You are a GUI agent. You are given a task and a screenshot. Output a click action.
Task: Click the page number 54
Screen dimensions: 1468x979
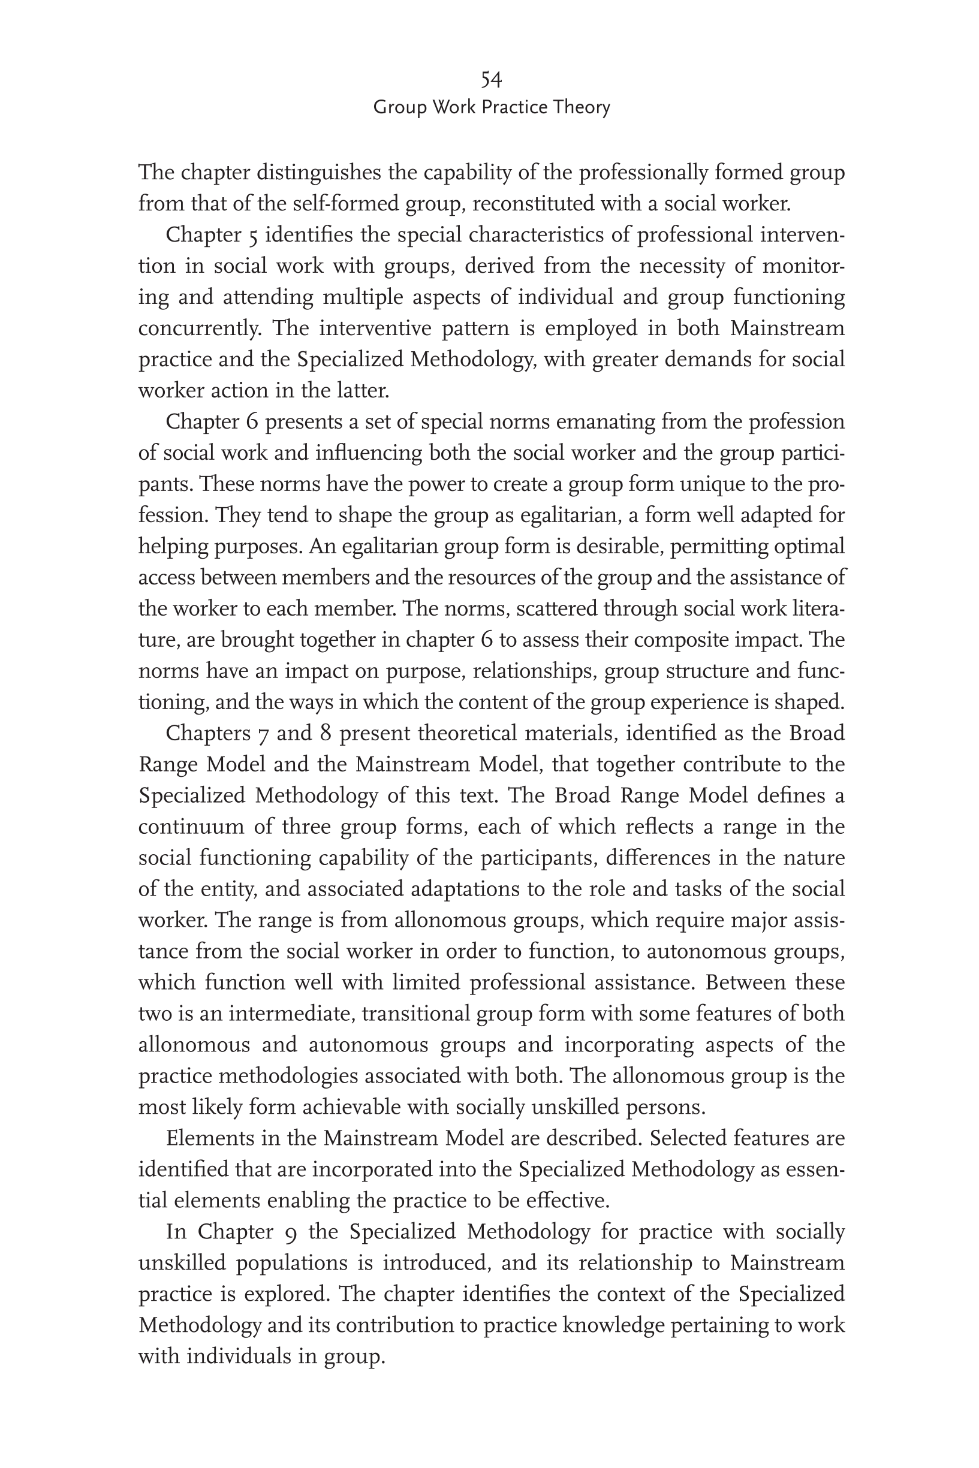[492, 79]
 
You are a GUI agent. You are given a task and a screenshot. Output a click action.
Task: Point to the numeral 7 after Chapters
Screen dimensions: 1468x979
[263, 733]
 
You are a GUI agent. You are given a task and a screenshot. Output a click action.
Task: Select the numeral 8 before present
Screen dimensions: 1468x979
[325, 733]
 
